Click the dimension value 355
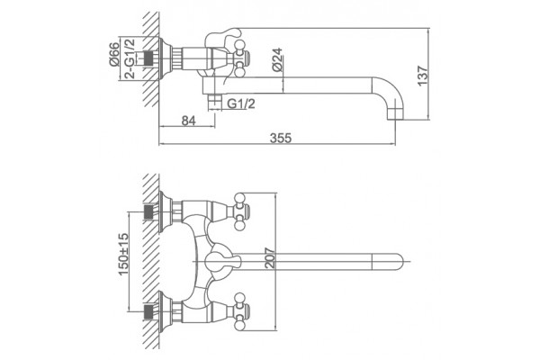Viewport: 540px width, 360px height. coord(280,138)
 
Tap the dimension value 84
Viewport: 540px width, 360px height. coord(188,121)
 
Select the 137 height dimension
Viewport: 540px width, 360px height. coord(423,76)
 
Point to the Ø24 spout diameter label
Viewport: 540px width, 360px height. coord(277,60)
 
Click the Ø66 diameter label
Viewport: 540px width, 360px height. coord(114,54)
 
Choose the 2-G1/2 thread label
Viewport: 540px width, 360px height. coord(130,58)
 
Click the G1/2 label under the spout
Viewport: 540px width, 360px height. coord(241,103)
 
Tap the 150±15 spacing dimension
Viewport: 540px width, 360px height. coord(123,254)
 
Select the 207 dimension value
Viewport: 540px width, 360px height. coord(270,258)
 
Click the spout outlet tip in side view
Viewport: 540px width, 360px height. coord(395,114)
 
